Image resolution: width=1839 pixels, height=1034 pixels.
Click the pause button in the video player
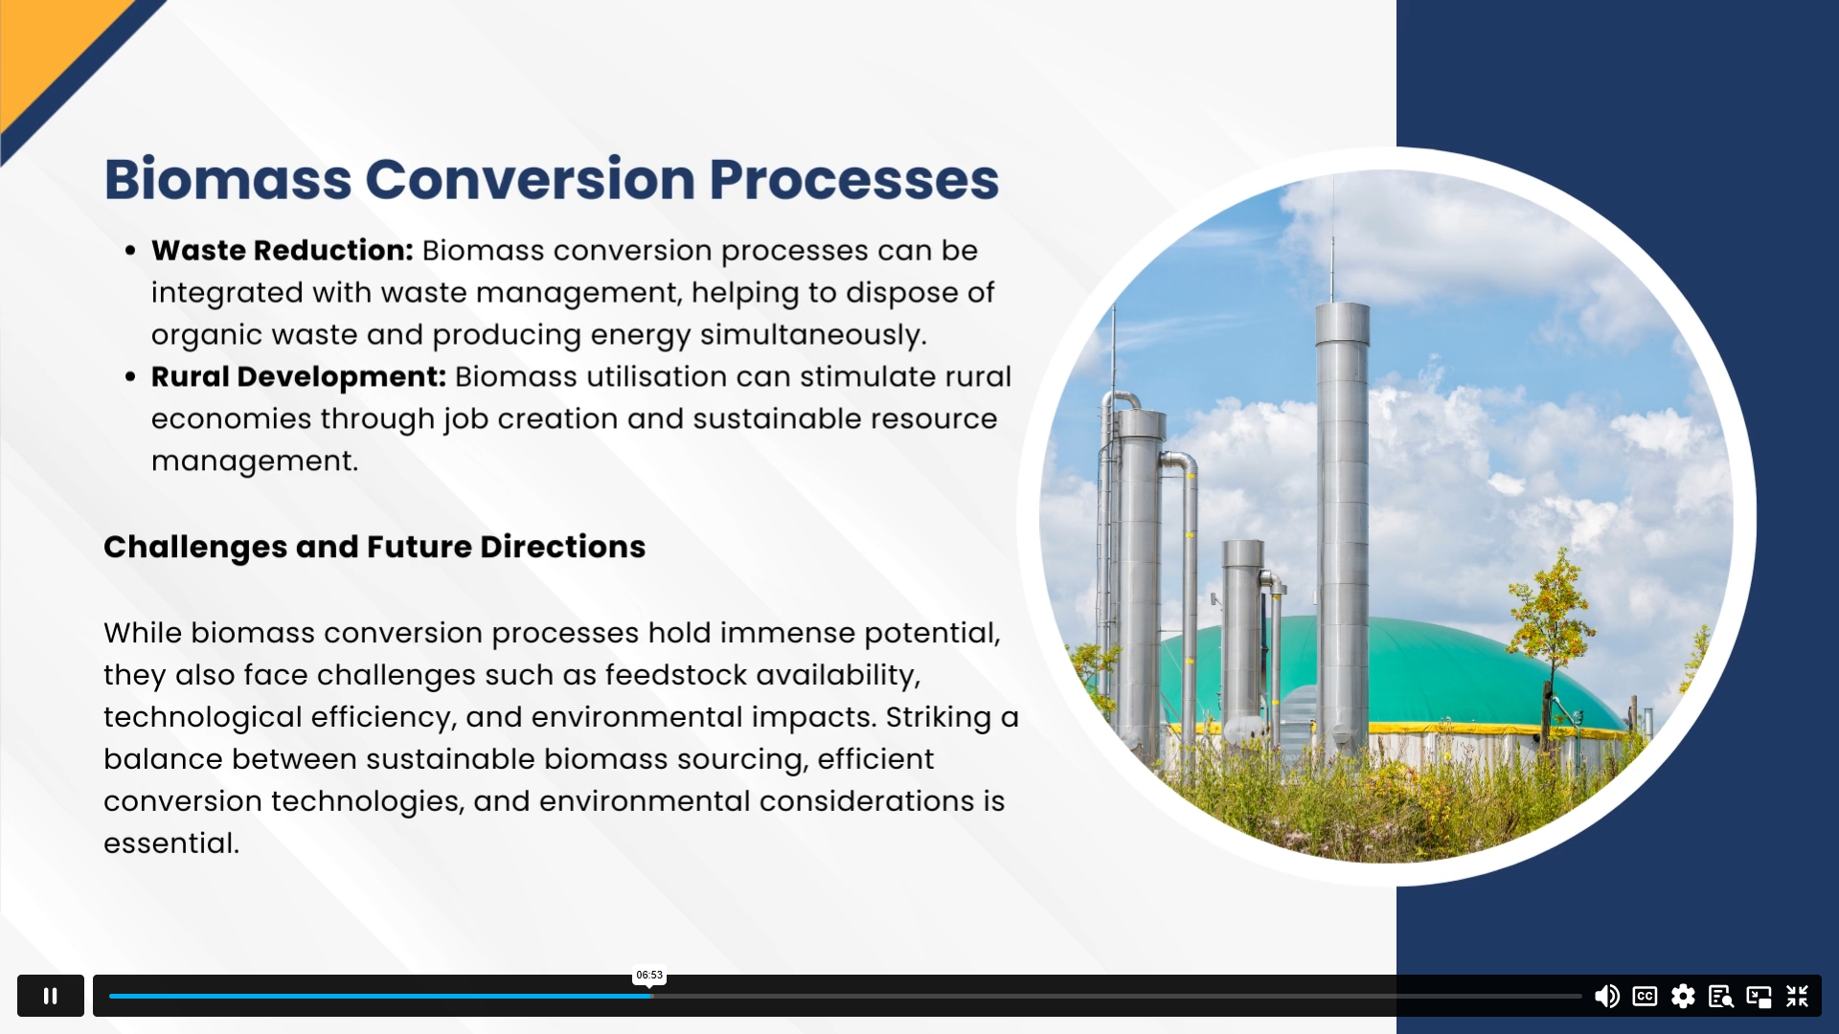click(51, 996)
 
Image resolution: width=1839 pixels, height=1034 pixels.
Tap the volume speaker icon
click(1606, 997)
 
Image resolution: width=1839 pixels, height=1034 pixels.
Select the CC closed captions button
click(1645, 997)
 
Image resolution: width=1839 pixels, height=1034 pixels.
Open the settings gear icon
click(1683, 997)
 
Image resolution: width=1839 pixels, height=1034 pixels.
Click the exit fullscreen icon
click(1797, 997)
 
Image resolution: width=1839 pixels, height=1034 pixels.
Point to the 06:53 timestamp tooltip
click(649, 975)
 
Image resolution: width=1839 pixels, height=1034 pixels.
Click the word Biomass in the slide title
click(228, 179)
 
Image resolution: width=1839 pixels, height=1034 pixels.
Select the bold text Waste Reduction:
click(283, 250)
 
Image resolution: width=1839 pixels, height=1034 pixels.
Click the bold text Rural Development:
click(299, 376)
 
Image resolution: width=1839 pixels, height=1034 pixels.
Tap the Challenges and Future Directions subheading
click(375, 547)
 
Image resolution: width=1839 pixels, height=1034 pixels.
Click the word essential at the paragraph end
click(171, 843)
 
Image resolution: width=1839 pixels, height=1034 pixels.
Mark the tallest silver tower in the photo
click(1342, 527)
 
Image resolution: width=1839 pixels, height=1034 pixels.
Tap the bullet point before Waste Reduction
click(130, 251)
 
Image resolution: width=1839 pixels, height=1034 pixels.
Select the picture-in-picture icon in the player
click(1759, 997)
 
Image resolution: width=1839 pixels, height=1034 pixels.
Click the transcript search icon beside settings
click(1721, 997)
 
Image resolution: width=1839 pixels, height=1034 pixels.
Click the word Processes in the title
click(854, 179)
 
